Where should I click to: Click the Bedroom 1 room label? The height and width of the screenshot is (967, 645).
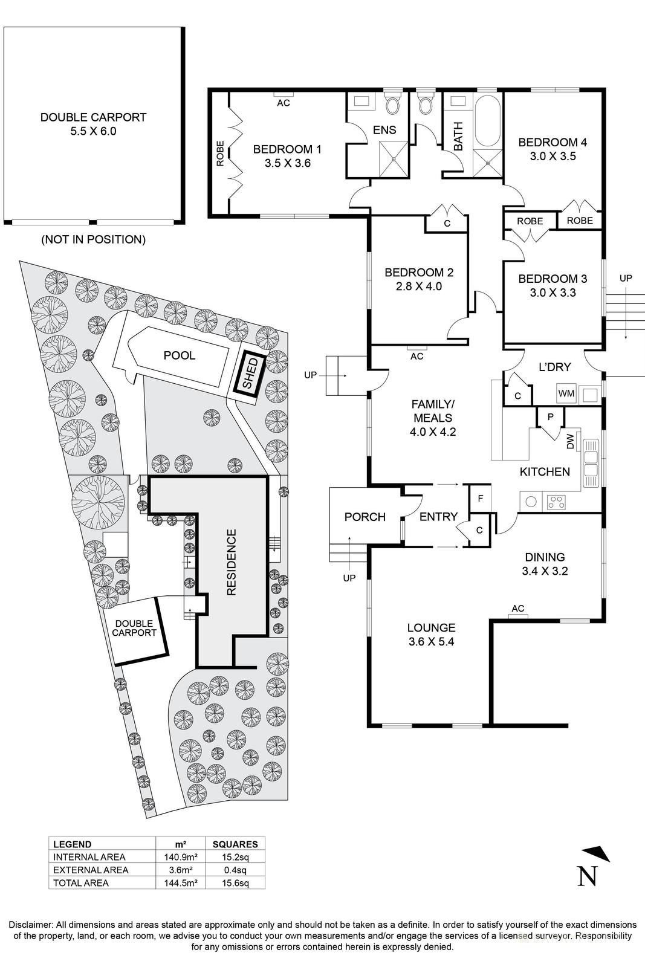click(287, 149)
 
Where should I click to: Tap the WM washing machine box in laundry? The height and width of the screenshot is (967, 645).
click(566, 393)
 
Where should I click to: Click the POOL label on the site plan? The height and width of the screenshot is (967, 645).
click(180, 355)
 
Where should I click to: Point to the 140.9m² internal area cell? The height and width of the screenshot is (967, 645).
click(180, 857)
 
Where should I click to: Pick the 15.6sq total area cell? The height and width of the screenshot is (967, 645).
click(235, 883)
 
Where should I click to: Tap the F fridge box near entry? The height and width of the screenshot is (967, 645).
click(481, 499)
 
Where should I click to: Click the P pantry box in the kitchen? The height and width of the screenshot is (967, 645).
click(550, 416)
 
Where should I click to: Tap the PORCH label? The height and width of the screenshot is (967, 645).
click(365, 517)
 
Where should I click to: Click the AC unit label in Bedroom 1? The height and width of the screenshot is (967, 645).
click(284, 103)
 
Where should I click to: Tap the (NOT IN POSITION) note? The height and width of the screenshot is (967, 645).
click(93, 239)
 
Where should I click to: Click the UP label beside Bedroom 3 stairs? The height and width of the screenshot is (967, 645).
click(626, 278)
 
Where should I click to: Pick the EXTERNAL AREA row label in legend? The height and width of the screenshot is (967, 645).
click(91, 870)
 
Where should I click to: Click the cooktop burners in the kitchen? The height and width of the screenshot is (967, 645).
click(556, 501)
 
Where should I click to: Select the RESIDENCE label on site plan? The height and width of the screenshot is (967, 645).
click(232, 563)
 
